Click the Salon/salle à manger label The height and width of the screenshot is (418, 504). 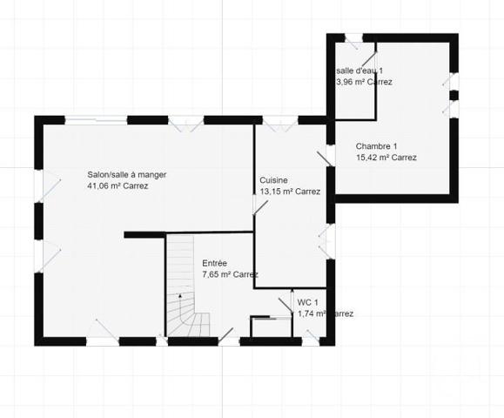(126, 174)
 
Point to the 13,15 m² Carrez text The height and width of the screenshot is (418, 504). (290, 192)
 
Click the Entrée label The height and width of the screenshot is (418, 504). (215, 263)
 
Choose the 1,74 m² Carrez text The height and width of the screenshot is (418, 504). (325, 313)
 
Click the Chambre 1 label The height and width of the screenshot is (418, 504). (376, 146)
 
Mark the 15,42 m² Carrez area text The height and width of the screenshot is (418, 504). (386, 158)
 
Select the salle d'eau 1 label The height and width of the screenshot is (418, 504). (359, 71)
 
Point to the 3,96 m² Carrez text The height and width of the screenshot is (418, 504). (364, 82)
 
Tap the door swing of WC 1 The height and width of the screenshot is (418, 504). (286, 304)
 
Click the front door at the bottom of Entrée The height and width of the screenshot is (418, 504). (226, 334)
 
